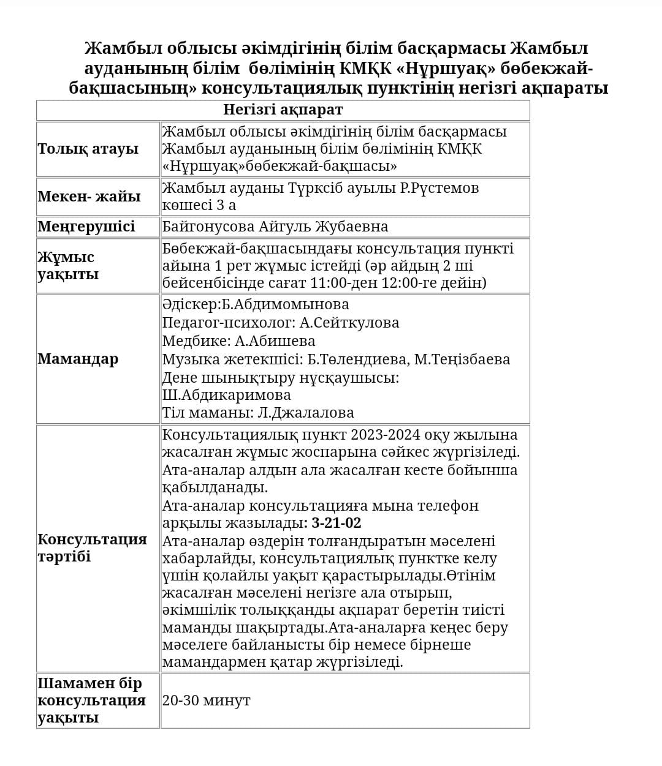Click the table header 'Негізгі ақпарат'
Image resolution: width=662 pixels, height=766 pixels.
[x=283, y=110]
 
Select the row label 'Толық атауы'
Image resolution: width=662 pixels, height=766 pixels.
[x=88, y=149]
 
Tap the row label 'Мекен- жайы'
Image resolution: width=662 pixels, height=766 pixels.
[x=89, y=197]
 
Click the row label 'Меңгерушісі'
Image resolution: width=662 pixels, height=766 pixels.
[x=86, y=227]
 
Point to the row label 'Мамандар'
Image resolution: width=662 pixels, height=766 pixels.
[x=78, y=359]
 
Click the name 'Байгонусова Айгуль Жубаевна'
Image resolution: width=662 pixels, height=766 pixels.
[x=275, y=227]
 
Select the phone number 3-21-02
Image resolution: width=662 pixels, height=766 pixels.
[x=337, y=523]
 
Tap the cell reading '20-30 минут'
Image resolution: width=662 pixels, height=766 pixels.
[x=207, y=700]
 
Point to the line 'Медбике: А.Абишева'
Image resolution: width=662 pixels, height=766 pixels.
[x=238, y=341]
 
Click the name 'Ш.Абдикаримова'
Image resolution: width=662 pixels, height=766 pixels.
[x=226, y=394]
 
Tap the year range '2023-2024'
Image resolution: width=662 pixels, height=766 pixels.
[x=386, y=435]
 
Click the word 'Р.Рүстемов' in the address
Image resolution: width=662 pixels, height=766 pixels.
[x=439, y=188]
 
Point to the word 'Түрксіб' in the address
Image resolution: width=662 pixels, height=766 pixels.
[x=316, y=188]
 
